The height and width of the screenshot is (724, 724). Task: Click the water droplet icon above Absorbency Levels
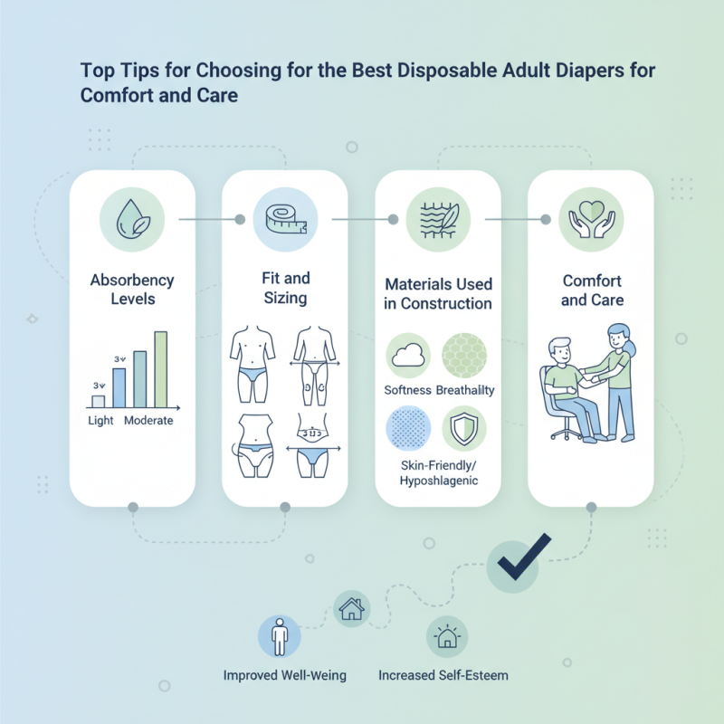133,218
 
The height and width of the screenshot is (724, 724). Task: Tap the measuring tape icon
285,218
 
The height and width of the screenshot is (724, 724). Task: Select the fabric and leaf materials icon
438,219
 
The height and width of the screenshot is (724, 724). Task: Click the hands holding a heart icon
591,219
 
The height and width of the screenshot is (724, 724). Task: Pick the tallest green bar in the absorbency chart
161,369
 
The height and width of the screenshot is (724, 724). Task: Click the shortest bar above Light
99,400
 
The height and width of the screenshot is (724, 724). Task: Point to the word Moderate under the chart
148,421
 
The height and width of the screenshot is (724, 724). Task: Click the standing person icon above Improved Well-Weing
280,638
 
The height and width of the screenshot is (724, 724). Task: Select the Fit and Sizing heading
285,289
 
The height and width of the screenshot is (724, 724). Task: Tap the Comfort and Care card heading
592,290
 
